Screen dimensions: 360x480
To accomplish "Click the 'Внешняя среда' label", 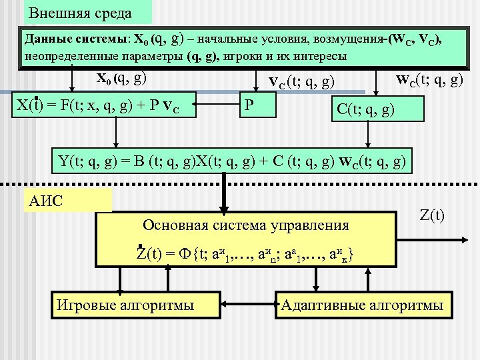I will point(81,13).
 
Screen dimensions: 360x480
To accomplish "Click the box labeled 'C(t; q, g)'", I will point(377,109).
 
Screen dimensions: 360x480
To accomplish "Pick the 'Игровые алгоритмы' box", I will point(126,305).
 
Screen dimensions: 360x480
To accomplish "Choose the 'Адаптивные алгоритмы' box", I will point(362,305).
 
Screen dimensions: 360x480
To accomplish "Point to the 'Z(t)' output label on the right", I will point(433,217).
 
